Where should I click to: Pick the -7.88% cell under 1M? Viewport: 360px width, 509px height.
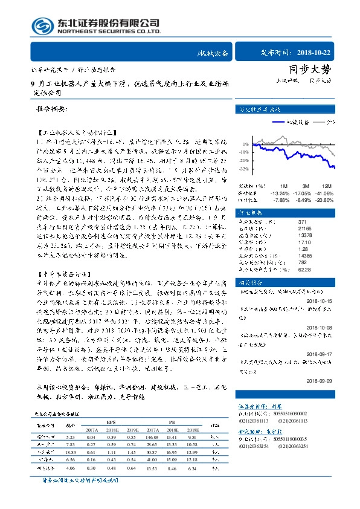(281, 199)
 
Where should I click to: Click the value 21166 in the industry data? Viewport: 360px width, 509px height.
(304, 228)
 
